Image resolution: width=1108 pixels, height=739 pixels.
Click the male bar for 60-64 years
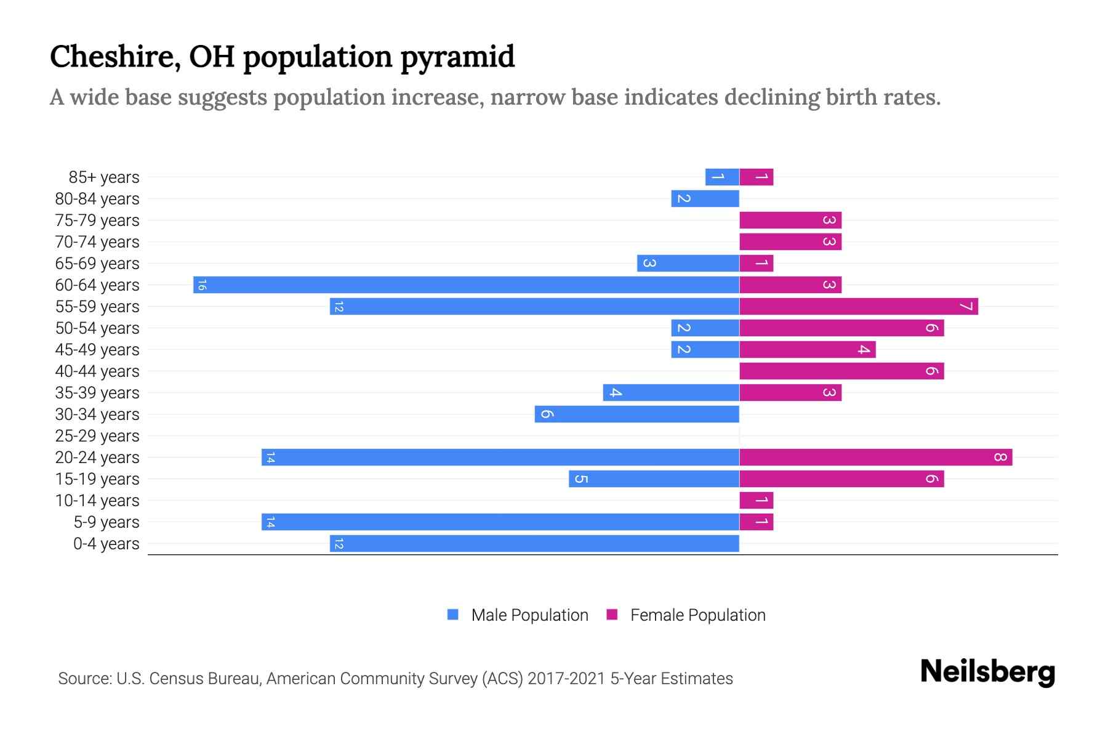466,285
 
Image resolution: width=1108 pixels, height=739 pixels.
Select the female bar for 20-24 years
875,457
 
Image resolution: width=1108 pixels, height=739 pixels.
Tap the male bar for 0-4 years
534,543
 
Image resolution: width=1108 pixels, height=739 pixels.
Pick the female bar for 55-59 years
858,306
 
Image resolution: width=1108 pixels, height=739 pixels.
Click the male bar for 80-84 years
705,198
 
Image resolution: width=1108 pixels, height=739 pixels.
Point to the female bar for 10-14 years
756,500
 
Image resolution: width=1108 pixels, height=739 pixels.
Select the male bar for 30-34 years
636,414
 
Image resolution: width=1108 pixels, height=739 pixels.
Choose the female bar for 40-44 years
841,371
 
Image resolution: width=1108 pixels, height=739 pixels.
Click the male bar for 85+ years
722,177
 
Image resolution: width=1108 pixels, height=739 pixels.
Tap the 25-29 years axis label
97,436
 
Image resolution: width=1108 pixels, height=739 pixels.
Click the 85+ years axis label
103,177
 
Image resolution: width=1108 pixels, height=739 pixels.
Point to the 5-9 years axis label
106,522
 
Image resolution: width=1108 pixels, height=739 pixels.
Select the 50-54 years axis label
97,328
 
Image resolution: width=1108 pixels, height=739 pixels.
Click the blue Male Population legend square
453,615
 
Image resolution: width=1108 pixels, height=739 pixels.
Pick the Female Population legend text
697,615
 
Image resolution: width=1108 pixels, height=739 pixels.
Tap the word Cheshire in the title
114,57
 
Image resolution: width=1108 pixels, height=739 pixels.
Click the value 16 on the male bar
202,285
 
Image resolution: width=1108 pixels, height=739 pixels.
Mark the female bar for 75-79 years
790,220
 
